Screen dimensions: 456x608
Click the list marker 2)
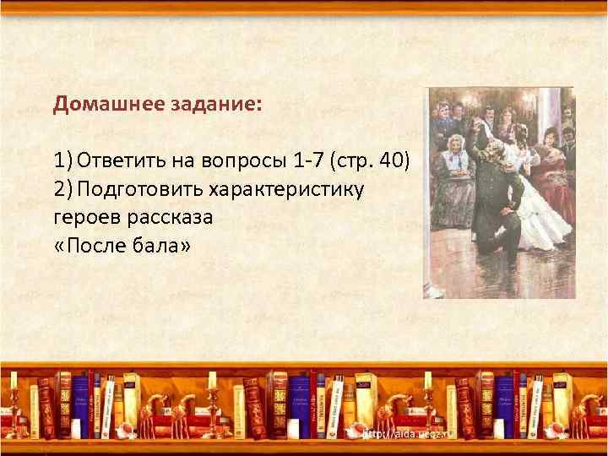click(63, 188)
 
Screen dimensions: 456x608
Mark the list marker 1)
click(63, 160)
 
